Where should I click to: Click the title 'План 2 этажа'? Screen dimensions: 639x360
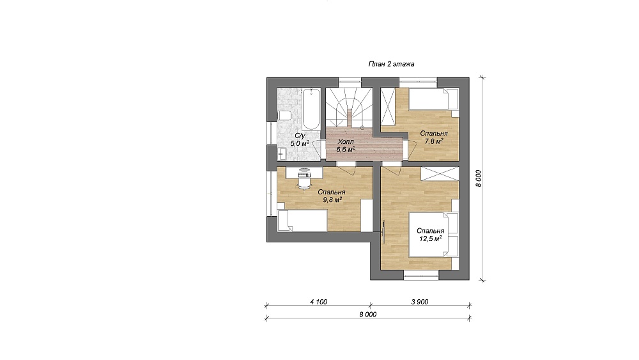point(391,64)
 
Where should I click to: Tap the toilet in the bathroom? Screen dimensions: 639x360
point(284,115)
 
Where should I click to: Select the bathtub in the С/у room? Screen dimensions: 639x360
point(312,109)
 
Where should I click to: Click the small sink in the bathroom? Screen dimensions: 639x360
point(282,154)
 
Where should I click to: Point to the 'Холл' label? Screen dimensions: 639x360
point(346,141)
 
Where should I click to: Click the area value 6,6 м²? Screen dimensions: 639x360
point(346,149)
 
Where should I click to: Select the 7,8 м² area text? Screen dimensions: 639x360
point(434,141)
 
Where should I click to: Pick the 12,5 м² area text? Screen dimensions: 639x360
point(431,239)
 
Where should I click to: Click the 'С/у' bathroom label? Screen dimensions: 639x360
point(300,136)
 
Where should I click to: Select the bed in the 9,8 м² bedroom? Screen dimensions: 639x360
point(302,221)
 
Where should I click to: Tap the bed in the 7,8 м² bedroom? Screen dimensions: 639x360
point(434,99)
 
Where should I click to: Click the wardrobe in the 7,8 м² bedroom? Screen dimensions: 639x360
point(388,109)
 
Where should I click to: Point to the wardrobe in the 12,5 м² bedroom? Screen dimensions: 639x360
point(440,174)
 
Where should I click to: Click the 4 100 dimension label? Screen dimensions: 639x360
point(318,302)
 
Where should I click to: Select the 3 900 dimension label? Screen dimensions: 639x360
point(420,302)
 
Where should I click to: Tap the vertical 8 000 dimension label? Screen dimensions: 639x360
point(479,178)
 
